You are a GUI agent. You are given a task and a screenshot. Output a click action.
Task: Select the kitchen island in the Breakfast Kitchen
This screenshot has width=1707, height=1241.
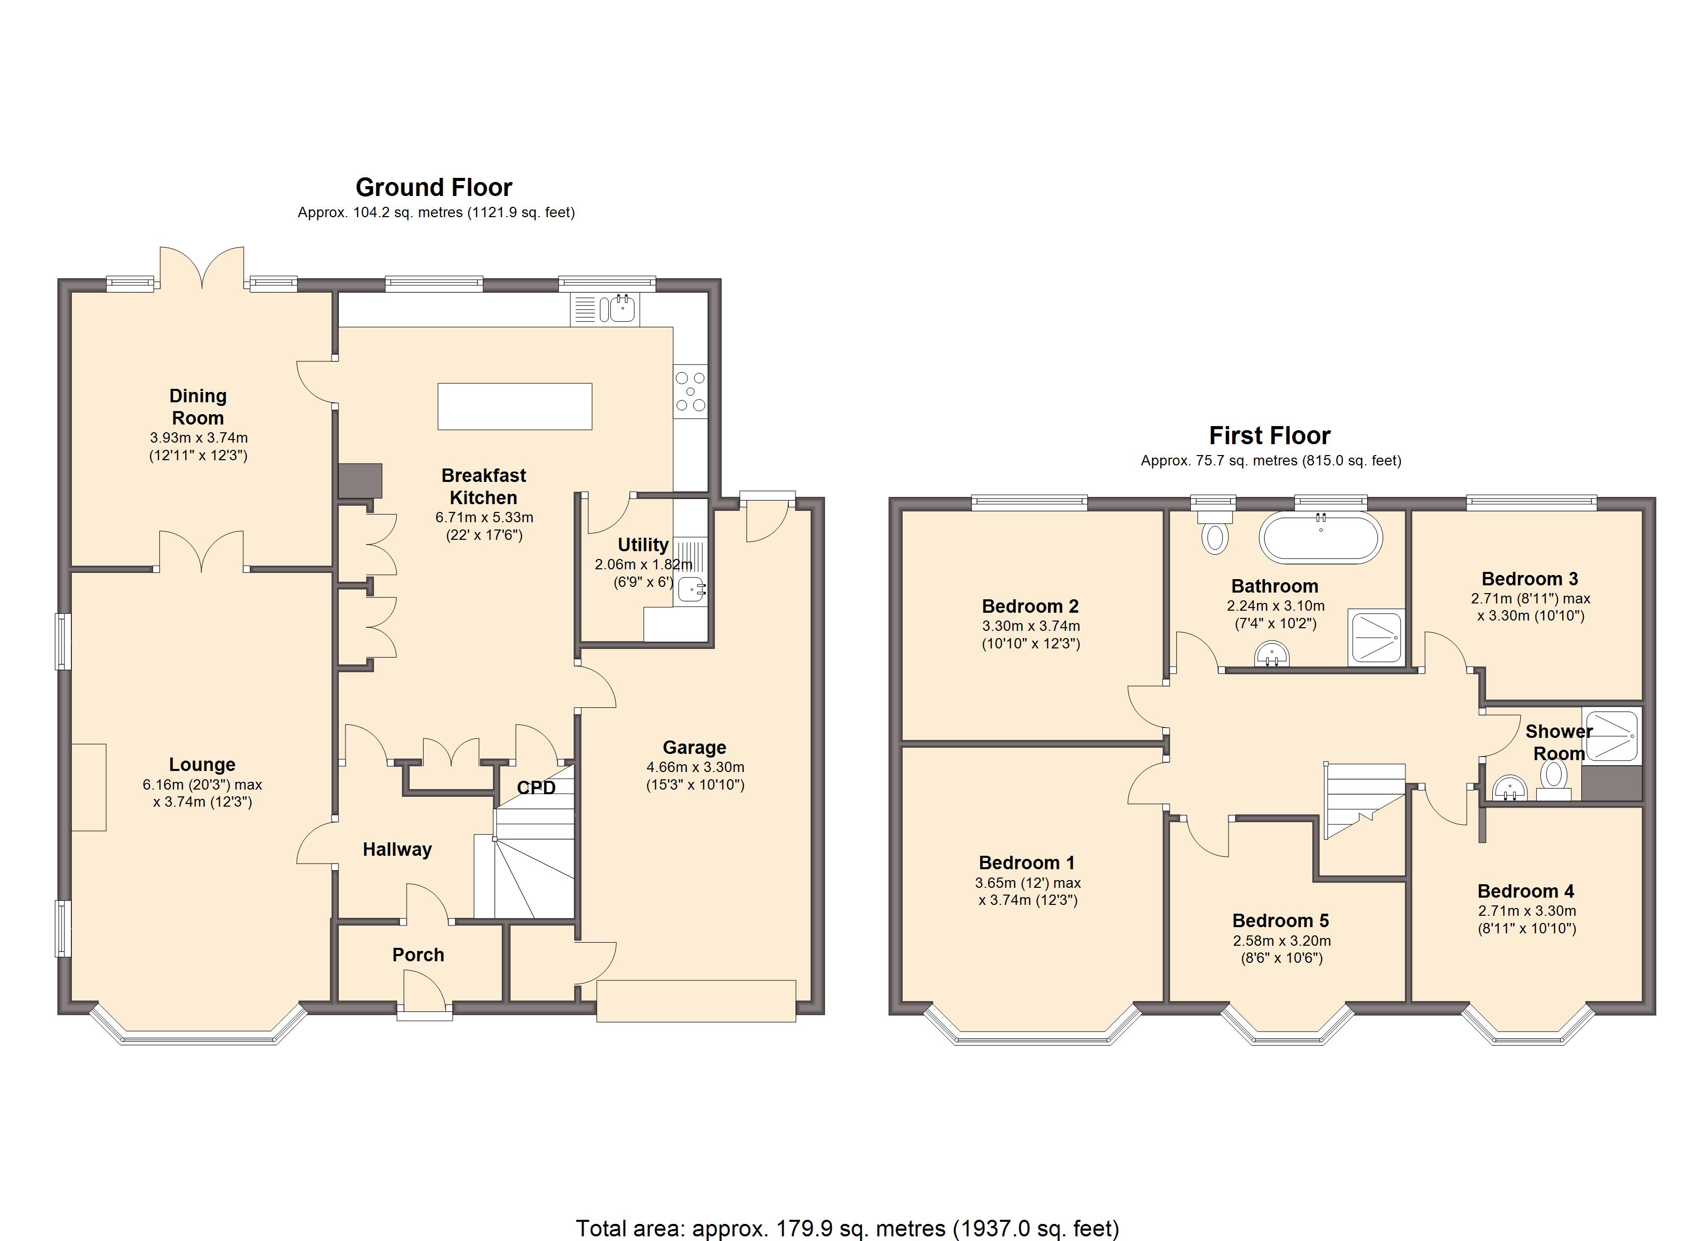515,406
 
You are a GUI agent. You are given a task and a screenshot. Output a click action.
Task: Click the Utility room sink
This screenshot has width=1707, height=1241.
691,588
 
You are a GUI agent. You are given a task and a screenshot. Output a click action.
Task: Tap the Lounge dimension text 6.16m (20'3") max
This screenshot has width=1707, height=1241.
202,784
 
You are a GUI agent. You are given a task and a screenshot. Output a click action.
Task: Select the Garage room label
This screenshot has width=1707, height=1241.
694,747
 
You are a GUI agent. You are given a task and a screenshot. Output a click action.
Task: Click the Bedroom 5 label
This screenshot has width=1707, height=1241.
1280,920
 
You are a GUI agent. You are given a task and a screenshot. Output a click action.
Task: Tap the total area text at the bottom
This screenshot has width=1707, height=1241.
847,1228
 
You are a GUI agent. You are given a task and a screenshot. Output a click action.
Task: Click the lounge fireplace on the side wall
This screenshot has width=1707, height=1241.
89,787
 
